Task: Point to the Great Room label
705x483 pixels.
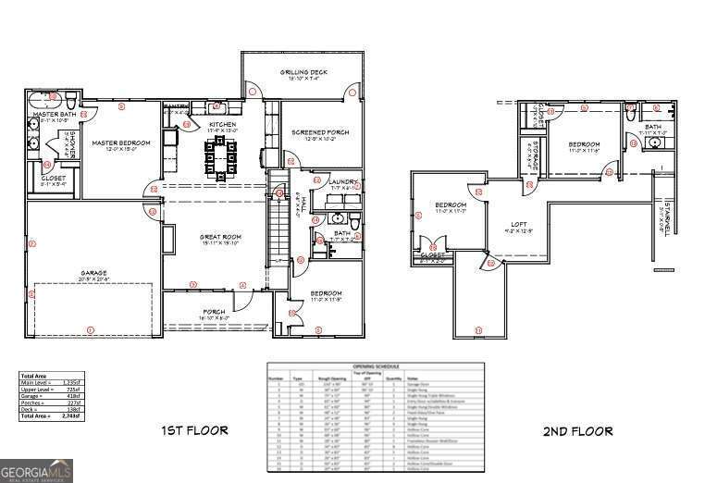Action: click(x=220, y=238)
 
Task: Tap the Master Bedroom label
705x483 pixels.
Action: click(x=116, y=142)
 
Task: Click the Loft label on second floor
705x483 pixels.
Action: click(x=521, y=224)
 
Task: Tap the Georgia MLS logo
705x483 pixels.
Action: click(x=37, y=471)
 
